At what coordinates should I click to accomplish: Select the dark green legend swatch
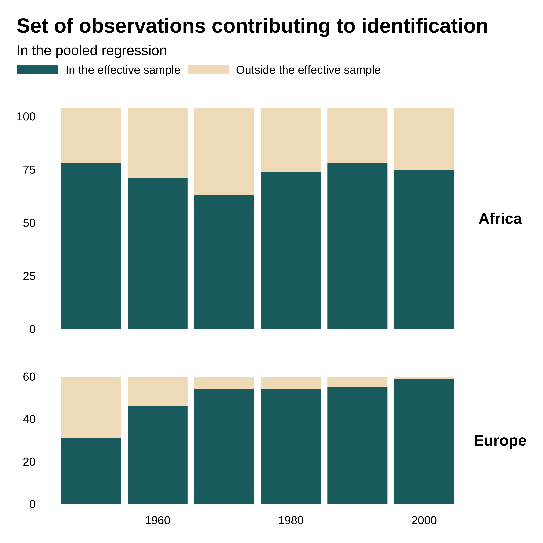[38, 70]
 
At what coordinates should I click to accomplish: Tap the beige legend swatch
[208, 70]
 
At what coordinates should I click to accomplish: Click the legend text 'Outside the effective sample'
[308, 70]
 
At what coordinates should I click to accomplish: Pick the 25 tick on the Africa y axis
[29, 276]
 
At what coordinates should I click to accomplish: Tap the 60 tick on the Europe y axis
[29, 377]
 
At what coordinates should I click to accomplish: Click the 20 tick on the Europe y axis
[29, 462]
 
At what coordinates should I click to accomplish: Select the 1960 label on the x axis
[157, 521]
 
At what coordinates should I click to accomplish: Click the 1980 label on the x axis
[291, 521]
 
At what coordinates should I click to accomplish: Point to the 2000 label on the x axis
[424, 521]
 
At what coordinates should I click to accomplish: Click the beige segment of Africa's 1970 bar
[224, 151]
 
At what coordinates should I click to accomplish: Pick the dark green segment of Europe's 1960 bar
[157, 455]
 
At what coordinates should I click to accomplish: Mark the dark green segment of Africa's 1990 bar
[357, 246]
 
